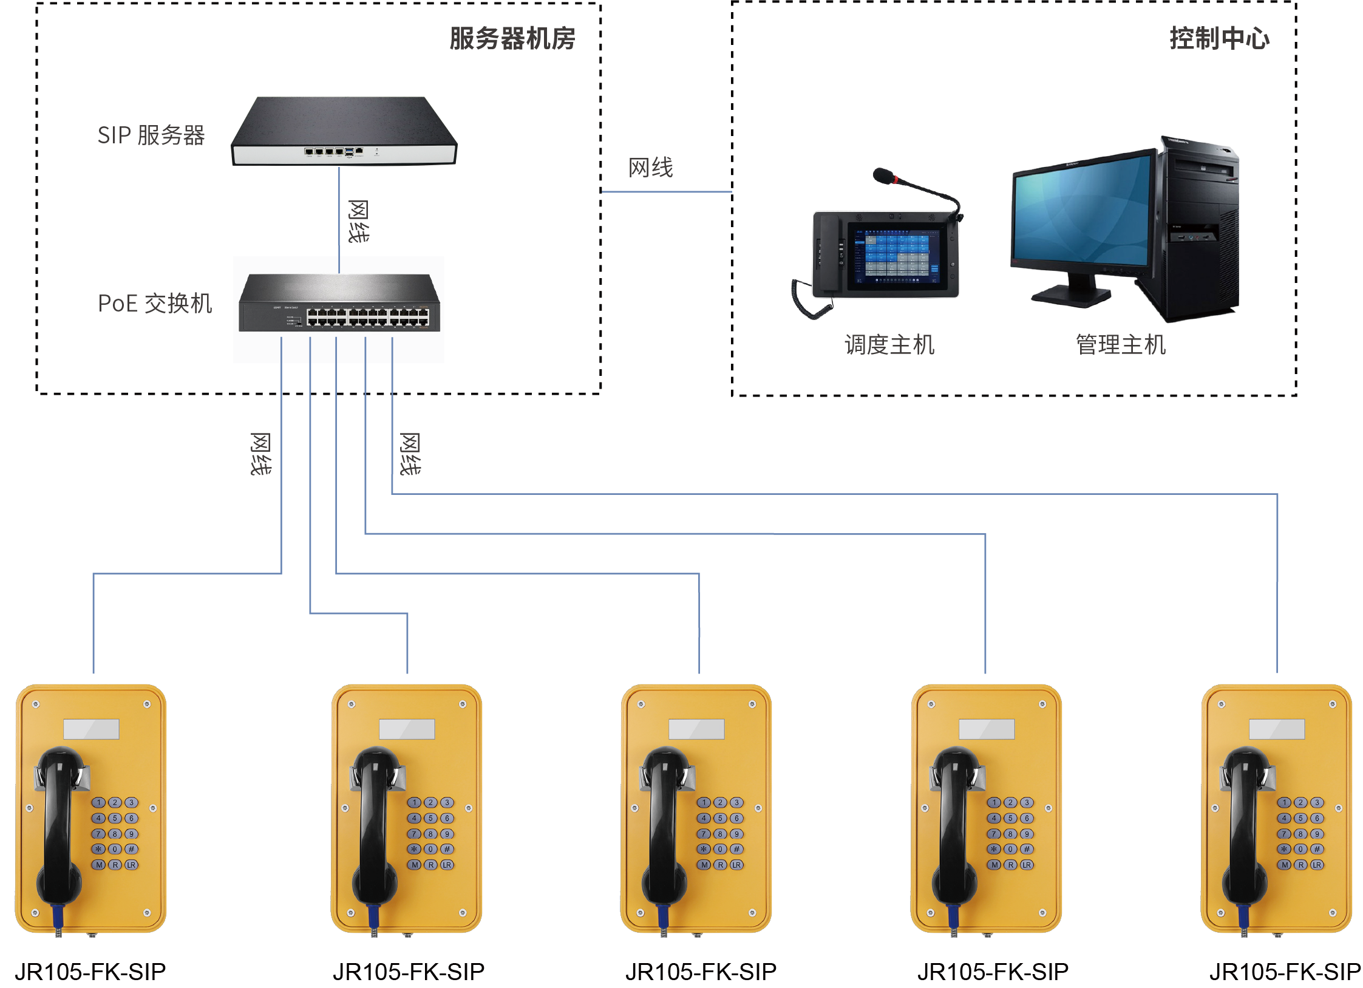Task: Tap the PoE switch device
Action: pyautogui.click(x=339, y=304)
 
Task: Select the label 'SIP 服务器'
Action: pyautogui.click(x=151, y=135)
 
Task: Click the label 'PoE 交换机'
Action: pyautogui.click(x=155, y=303)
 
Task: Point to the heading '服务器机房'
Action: pyautogui.click(x=512, y=39)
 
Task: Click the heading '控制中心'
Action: pyautogui.click(x=1219, y=39)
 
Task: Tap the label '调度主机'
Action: pyautogui.click(x=889, y=345)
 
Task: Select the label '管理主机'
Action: pyautogui.click(x=1121, y=345)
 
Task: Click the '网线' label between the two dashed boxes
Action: pyautogui.click(x=650, y=168)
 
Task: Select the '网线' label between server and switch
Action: pyautogui.click(x=358, y=221)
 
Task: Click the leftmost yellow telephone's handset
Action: pyautogui.click(x=59, y=826)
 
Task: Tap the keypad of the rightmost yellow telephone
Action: pyautogui.click(x=1300, y=834)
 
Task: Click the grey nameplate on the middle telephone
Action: pyautogui.click(x=696, y=729)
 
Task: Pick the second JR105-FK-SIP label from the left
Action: pyautogui.click(x=409, y=972)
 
